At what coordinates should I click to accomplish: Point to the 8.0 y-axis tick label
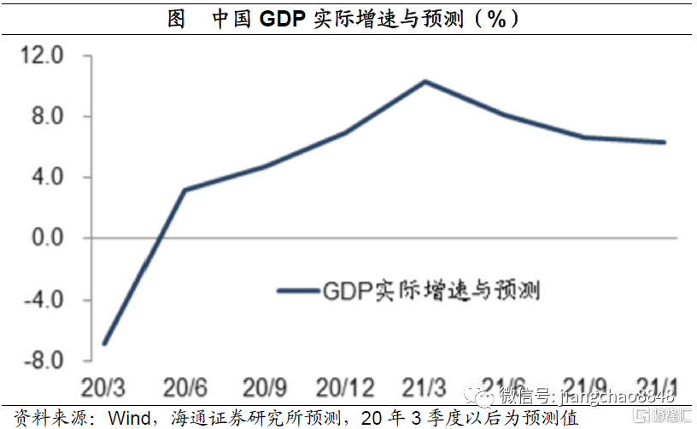point(49,117)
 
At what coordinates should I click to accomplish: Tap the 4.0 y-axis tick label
point(49,178)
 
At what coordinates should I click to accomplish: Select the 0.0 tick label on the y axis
point(49,238)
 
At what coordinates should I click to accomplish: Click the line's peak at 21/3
point(425,81)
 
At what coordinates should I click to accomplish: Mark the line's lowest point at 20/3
point(103,344)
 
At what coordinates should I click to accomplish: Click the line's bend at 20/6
point(184,190)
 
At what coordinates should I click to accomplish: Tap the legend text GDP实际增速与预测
point(431,290)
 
